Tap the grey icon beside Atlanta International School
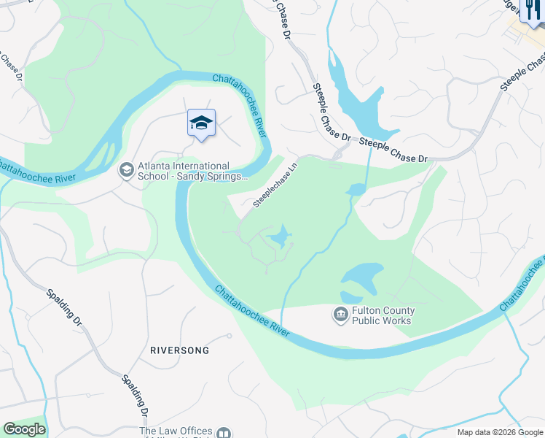[126, 170]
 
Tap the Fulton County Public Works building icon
[340, 315]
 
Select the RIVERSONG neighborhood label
[179, 350]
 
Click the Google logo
[24, 429]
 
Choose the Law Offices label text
[176, 431]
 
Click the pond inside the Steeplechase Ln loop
[279, 237]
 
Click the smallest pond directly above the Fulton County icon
[350, 297]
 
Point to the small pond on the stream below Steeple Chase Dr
[356, 190]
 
